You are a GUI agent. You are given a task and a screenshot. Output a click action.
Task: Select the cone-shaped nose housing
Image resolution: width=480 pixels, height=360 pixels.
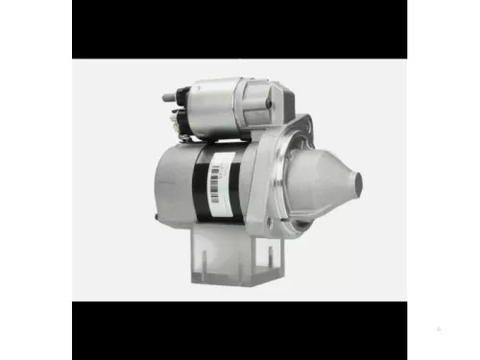coord(322,182)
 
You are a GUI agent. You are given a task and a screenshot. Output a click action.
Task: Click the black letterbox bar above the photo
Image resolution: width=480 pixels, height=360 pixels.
coord(240,29)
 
